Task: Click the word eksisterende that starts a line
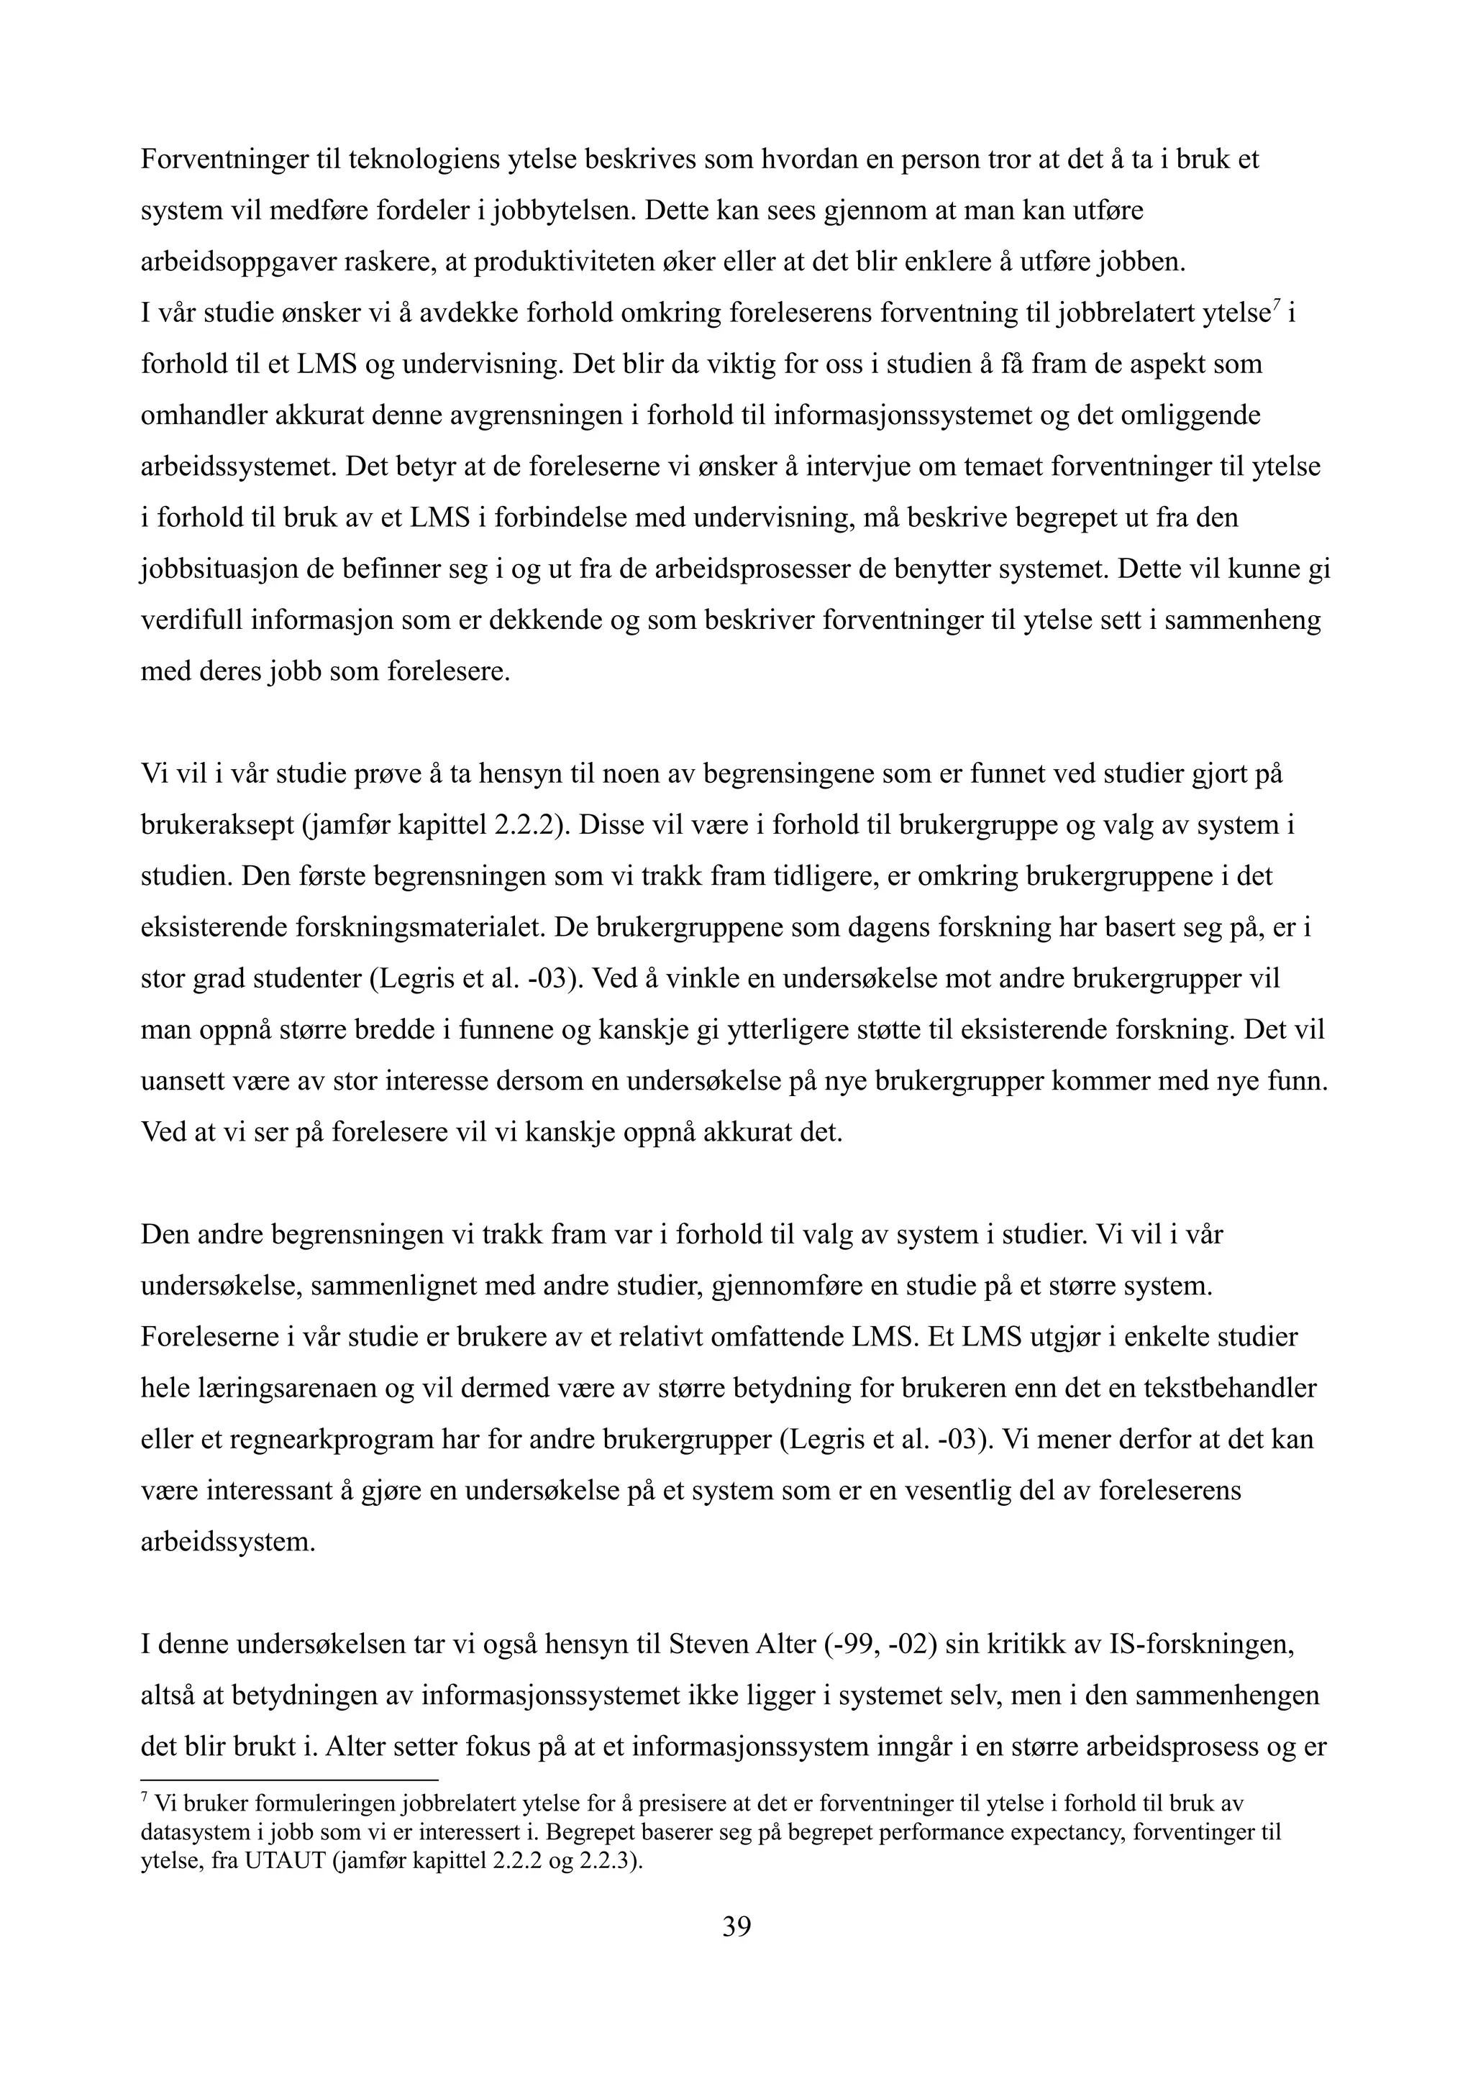point(214,928)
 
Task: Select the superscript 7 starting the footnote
point(145,1795)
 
